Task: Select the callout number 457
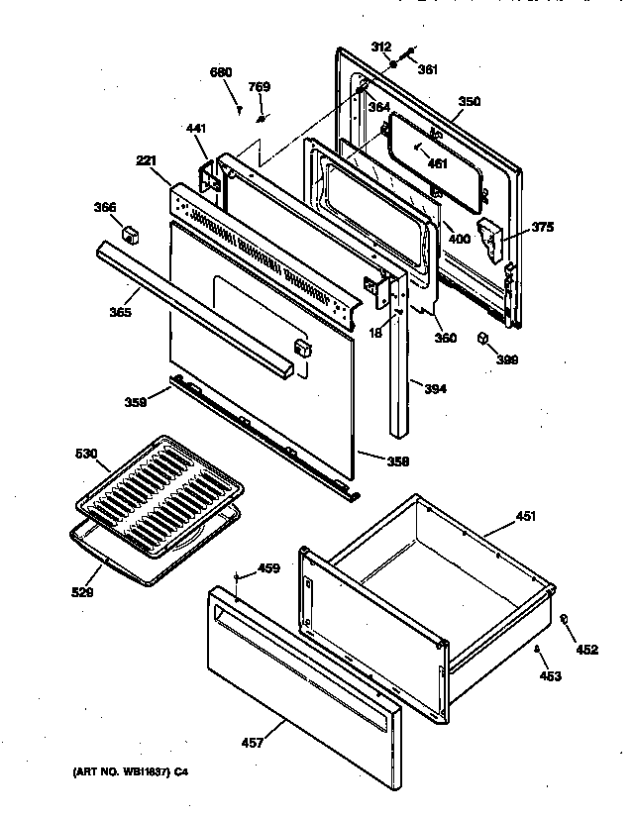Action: (253, 742)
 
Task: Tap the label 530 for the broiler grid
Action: (87, 454)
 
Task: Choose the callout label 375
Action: (542, 227)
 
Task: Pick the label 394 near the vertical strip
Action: (434, 388)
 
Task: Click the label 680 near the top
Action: (221, 71)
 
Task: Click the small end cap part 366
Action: (128, 234)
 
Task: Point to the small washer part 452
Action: (564, 619)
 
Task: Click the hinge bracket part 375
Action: (491, 239)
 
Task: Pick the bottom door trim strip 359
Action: (263, 432)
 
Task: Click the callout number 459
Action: (268, 568)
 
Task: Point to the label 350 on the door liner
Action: (470, 101)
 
